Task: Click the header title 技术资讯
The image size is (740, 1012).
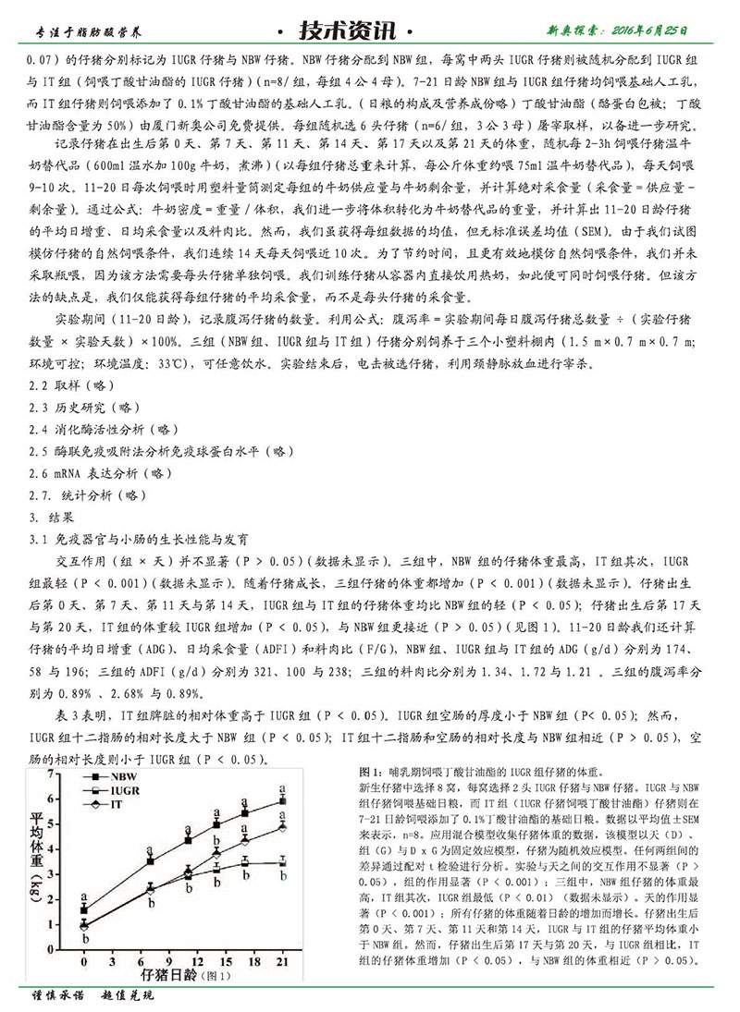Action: coord(369,31)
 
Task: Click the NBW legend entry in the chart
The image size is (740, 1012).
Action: coord(123,778)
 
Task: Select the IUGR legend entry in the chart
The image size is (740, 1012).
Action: coord(125,792)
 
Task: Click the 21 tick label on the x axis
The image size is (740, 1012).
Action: coord(282,962)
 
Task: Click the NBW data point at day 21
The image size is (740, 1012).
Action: coord(282,802)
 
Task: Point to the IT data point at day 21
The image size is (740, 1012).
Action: coord(282,827)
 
